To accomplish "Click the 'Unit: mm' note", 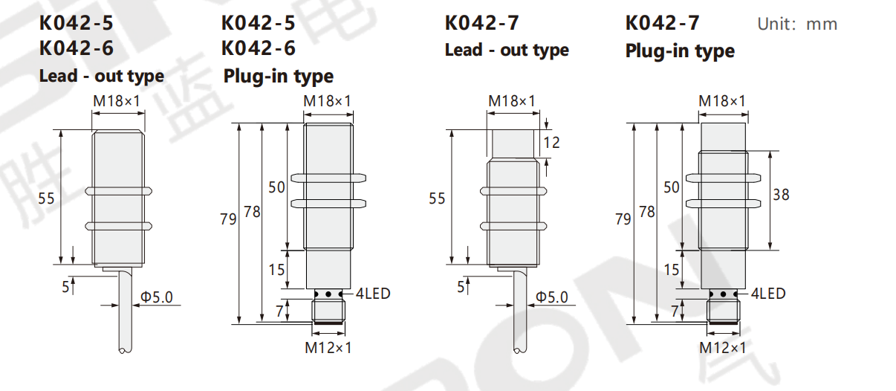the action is point(797,25).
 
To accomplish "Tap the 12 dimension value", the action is point(551,143).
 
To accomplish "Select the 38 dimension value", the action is point(781,195).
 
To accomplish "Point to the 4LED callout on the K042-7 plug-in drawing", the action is point(768,294).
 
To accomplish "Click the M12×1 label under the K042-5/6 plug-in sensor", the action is point(328,348).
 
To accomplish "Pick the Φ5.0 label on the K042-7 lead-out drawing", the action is point(551,297).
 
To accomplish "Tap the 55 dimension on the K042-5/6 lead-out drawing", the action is point(46,198).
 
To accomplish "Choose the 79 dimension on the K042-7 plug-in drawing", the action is point(623,219).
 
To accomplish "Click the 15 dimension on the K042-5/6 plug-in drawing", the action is point(276,270).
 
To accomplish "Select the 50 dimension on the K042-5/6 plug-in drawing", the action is point(276,187).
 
